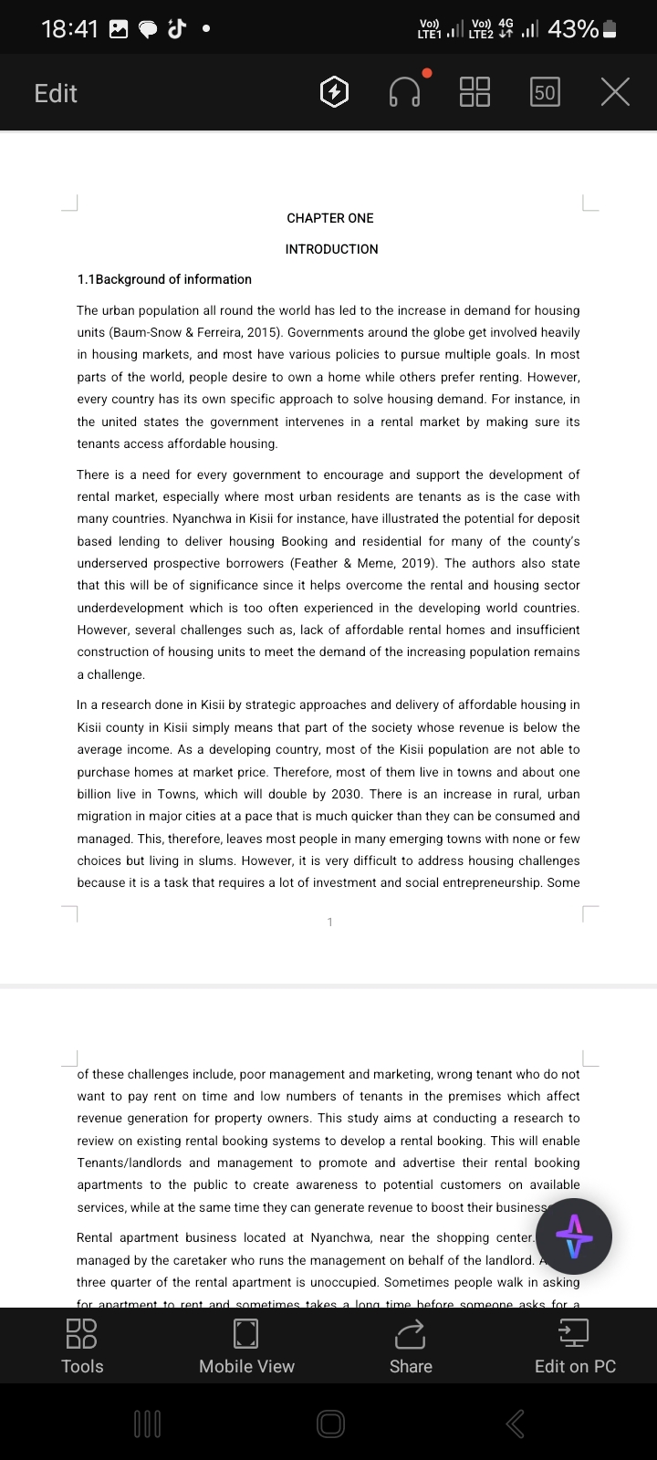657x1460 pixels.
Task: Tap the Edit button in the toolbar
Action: coord(56,93)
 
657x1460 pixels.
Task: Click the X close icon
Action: coord(615,92)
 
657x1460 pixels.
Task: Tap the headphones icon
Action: coord(404,92)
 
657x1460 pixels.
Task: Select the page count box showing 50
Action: coord(545,92)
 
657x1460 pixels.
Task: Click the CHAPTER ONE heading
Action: coord(330,218)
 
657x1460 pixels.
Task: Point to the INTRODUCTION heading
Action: coord(331,249)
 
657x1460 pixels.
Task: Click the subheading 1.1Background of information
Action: coord(164,279)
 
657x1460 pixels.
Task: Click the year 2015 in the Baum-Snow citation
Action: coord(261,333)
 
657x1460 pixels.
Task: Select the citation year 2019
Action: coord(418,563)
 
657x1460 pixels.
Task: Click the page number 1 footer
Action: coord(330,923)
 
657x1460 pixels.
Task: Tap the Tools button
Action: coord(82,1346)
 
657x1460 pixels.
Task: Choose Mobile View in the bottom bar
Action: coord(246,1346)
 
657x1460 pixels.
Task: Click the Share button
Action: coord(411,1346)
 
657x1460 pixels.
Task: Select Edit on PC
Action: coord(575,1346)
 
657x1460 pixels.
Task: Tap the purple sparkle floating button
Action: coord(574,1236)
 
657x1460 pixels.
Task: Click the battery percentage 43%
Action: coord(573,29)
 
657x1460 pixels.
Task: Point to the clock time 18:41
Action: coord(69,29)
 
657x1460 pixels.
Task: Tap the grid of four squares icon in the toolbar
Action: coord(474,92)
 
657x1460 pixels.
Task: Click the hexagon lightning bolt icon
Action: coord(334,92)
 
